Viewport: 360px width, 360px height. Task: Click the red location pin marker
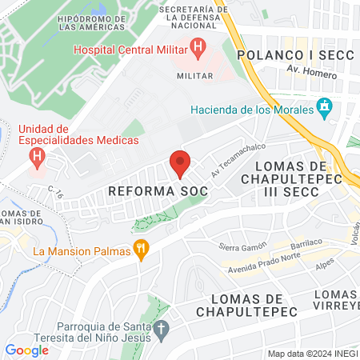click(x=180, y=162)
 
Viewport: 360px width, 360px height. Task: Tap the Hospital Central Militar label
click(x=128, y=49)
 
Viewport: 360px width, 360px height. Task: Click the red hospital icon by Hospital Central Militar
click(x=198, y=50)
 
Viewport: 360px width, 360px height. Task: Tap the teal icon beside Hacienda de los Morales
click(x=324, y=106)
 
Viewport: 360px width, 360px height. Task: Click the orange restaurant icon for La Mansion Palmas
click(x=142, y=250)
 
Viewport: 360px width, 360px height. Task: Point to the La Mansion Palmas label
click(x=81, y=251)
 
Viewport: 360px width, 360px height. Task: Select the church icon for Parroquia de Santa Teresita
click(x=161, y=329)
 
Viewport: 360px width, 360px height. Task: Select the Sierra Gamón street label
click(x=242, y=248)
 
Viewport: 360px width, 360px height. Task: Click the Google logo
click(x=26, y=350)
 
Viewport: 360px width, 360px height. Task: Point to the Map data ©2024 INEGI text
click(x=312, y=354)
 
